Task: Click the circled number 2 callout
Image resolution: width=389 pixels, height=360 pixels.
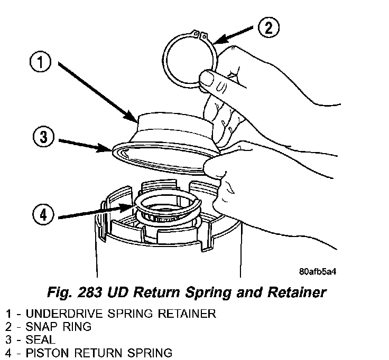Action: tap(268, 27)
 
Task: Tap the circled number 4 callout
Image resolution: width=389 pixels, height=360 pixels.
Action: tap(44, 215)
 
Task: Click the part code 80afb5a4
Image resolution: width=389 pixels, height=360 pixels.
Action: tap(317, 272)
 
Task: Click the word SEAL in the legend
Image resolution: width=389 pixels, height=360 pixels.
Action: tap(40, 339)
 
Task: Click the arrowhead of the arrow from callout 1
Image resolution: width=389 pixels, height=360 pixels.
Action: tap(134, 117)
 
